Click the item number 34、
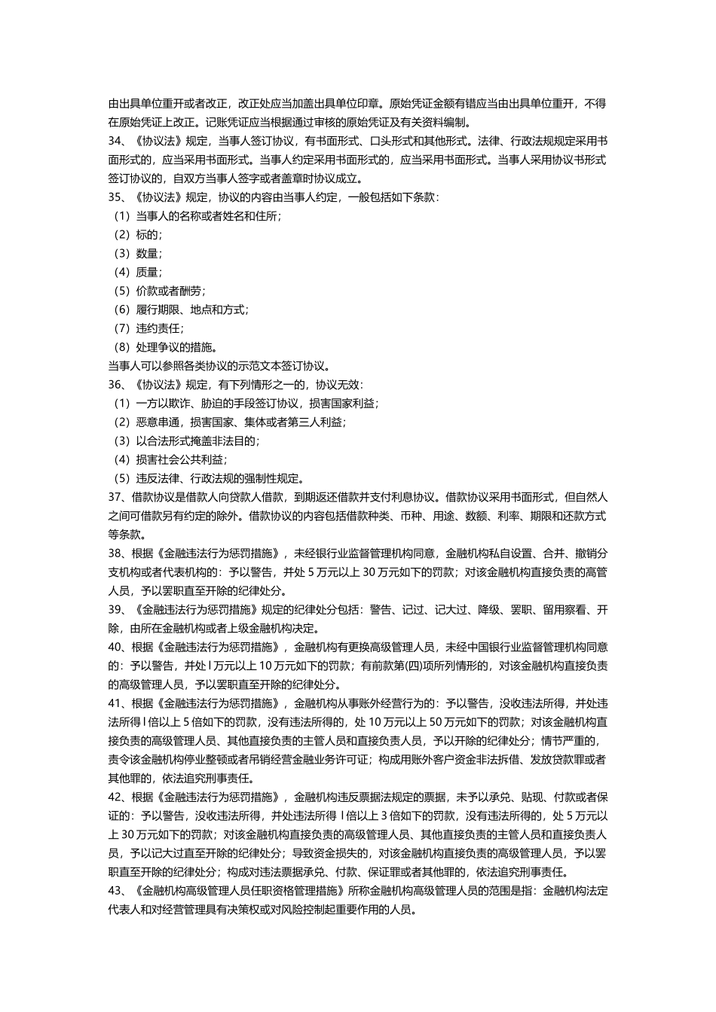coord(117,141)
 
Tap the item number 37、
coord(117,497)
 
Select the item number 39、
coord(117,609)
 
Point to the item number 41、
coord(117,703)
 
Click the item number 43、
coord(117,891)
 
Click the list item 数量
coord(148,254)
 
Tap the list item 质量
coord(148,273)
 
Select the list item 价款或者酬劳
coord(170,291)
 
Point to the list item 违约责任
coord(159,328)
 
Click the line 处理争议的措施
coord(176,347)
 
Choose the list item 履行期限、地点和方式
coord(191,309)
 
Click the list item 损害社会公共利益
coord(181,459)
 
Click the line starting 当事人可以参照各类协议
coord(219,366)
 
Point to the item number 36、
coord(117,385)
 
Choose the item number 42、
coord(117,797)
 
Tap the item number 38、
coord(117,553)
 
